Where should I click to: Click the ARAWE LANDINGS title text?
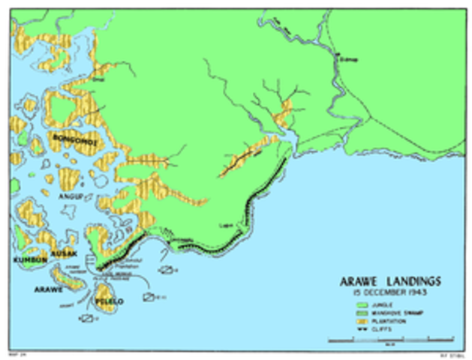(x=389, y=280)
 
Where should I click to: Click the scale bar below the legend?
(x=390, y=340)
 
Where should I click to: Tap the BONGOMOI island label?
(x=74, y=138)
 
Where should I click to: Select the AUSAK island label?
(x=63, y=253)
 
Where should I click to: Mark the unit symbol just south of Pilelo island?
(x=87, y=319)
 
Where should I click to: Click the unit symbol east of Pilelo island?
(x=149, y=297)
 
